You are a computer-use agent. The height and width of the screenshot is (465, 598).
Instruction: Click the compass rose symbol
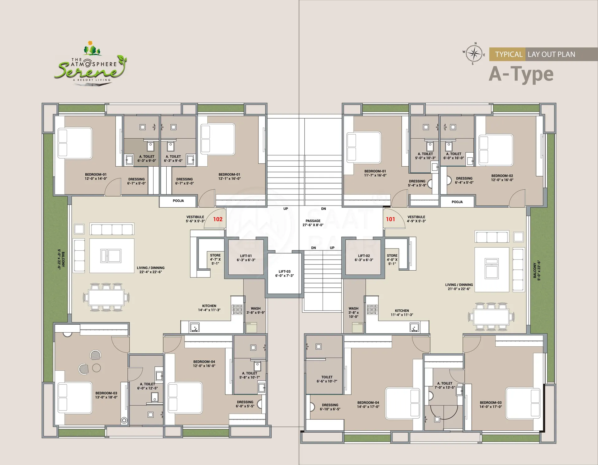474,54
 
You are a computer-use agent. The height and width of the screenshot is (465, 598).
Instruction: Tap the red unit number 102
218,219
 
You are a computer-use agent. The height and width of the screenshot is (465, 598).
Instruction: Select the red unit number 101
390,219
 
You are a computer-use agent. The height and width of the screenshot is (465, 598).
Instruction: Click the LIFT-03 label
284,273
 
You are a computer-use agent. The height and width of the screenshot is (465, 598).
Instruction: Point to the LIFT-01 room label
246,258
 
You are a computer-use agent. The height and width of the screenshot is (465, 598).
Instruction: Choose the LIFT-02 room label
364,258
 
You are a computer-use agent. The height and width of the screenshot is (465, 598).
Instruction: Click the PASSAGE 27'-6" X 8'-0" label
313,223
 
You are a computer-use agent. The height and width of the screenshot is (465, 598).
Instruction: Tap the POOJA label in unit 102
178,201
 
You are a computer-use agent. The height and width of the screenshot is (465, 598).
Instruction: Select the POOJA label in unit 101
457,202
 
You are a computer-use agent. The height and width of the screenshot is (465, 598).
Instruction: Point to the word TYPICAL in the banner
509,55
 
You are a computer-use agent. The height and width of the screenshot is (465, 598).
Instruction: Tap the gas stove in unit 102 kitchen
237,309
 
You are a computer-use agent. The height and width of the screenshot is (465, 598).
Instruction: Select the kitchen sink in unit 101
414,327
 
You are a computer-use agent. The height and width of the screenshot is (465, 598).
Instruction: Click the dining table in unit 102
106,297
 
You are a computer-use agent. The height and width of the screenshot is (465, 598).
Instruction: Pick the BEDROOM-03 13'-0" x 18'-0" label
106,395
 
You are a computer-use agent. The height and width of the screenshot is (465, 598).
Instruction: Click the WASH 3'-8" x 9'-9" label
255,311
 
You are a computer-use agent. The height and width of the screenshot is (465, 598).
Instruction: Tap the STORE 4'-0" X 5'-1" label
392,259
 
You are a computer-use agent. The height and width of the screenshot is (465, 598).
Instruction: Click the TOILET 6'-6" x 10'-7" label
327,379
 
